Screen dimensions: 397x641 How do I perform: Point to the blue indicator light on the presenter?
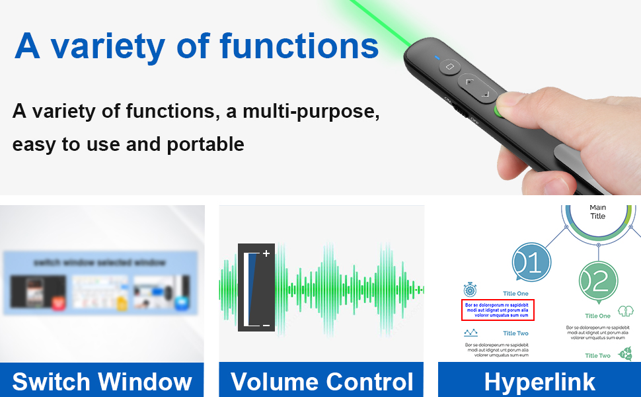437,58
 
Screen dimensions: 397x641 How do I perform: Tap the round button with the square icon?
451,66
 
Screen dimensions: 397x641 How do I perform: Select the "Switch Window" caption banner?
102,381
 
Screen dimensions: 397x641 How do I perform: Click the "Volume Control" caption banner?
321,381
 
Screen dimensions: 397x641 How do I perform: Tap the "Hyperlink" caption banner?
539,381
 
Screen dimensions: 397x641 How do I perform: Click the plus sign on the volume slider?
266,253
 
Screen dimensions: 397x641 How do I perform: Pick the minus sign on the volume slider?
266,325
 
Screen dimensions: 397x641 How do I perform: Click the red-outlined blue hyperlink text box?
497,310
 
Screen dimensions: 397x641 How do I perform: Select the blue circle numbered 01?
531,263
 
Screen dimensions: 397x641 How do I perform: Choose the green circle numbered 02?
598,281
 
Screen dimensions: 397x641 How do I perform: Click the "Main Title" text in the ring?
597,212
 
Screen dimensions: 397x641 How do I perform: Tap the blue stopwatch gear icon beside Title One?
470,289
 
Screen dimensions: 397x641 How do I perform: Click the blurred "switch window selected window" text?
100,263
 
